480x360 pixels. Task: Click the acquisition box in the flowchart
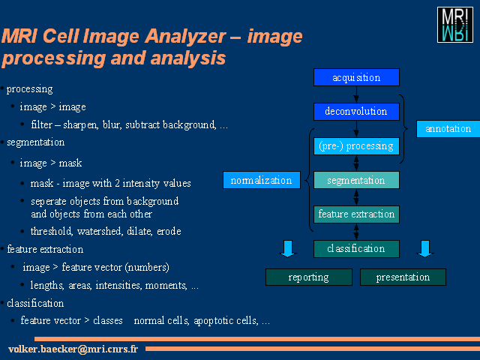[x=356, y=77]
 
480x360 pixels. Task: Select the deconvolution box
[x=356, y=112]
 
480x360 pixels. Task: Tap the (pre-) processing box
[x=356, y=146]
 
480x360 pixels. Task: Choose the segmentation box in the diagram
[x=356, y=180]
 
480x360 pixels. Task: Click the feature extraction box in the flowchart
[x=356, y=214]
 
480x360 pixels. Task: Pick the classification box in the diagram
[x=356, y=248]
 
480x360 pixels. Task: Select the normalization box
[x=262, y=180]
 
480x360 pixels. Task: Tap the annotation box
[x=448, y=129]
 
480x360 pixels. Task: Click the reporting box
[x=309, y=277]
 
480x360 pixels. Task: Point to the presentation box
[x=403, y=277]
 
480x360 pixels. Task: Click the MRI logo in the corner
[x=455, y=25]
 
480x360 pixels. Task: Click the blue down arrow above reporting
[x=288, y=249]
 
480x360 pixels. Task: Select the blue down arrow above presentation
[x=425, y=249]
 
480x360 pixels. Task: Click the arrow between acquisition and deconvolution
[x=356, y=94]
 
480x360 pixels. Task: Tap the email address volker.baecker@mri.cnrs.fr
[x=73, y=349]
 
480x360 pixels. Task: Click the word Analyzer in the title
[x=185, y=36]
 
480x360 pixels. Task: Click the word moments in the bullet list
[x=166, y=285]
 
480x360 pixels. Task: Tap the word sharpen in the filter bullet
[x=80, y=125]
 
